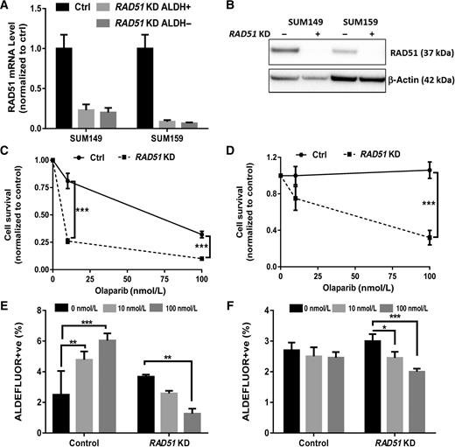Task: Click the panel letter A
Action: (x=7, y=8)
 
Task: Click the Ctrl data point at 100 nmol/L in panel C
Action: (x=201, y=234)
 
